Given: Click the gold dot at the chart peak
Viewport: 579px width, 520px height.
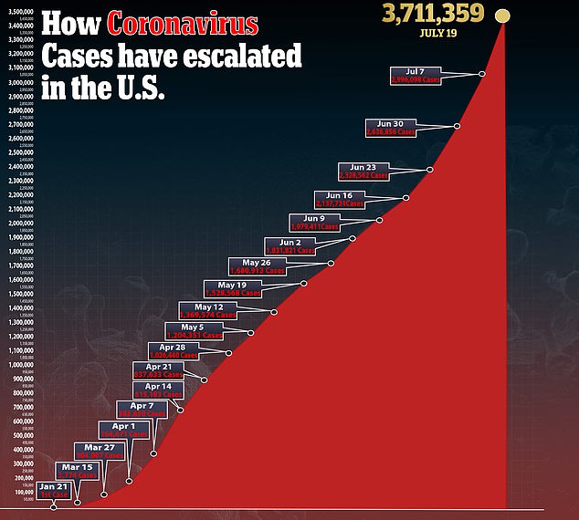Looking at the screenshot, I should (x=501, y=15).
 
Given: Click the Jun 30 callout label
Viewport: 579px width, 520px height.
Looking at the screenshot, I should (x=391, y=127).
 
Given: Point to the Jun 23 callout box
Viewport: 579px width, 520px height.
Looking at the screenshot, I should (x=363, y=171).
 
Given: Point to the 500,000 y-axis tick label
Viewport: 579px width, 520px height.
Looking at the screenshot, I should (x=23, y=435).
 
